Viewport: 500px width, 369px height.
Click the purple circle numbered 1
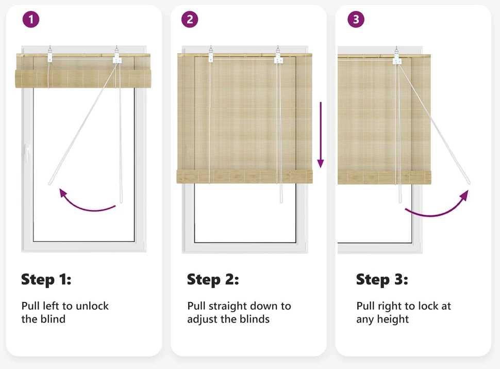pyautogui.click(x=31, y=20)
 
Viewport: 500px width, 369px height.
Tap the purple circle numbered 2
pyautogui.click(x=190, y=20)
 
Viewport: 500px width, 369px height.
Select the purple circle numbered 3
pyautogui.click(x=356, y=20)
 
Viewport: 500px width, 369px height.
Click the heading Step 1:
pyautogui.click(x=46, y=280)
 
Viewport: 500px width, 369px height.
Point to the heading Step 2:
pyautogui.click(x=213, y=280)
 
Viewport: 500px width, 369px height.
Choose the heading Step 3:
pyautogui.click(x=382, y=280)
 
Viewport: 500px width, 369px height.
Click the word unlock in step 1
pyautogui.click(x=92, y=306)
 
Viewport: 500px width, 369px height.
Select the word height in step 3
pyautogui.click(x=393, y=319)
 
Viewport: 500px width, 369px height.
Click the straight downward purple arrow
pyautogui.click(x=321, y=135)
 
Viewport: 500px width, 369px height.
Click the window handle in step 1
pyautogui.click(x=27, y=153)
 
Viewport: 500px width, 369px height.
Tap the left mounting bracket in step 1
pyautogui.click(x=50, y=55)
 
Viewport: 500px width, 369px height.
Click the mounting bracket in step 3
pyautogui.click(x=397, y=56)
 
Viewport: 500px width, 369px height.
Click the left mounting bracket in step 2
pyautogui.click(x=211, y=55)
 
